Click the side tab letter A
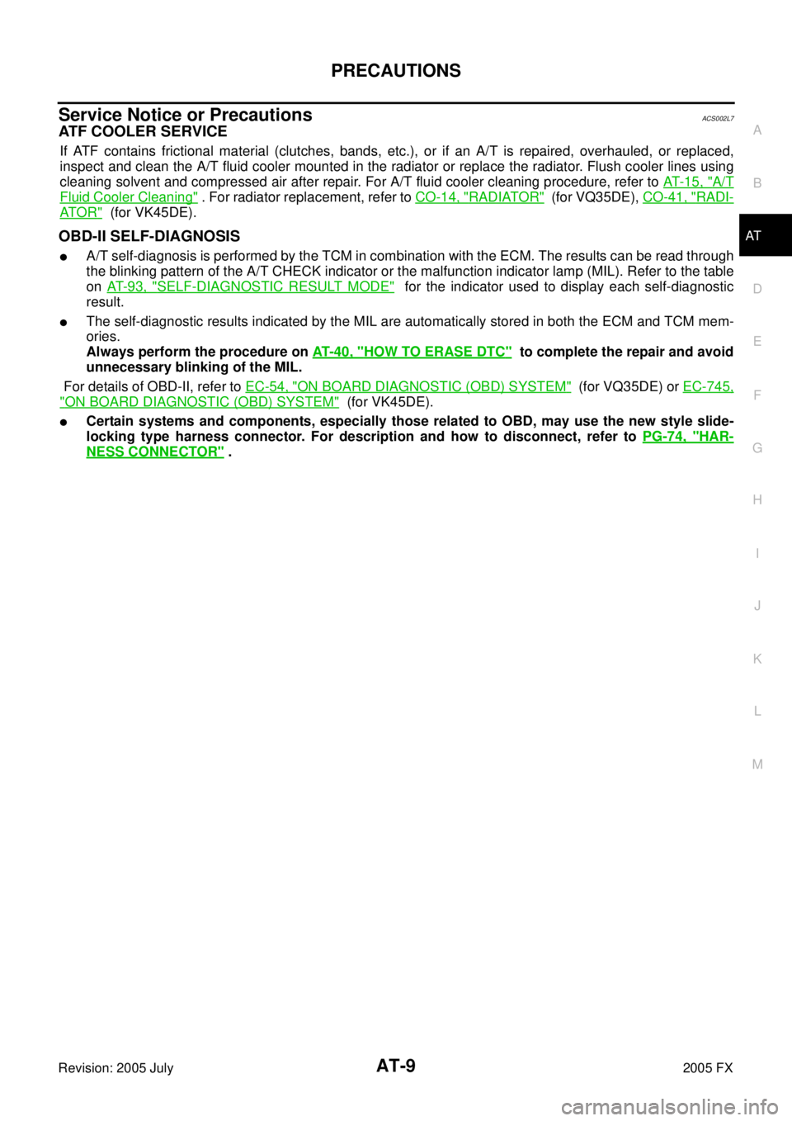click(x=757, y=130)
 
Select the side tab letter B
click(x=757, y=183)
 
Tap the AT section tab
click(x=753, y=236)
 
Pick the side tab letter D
click(x=757, y=289)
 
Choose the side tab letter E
click(x=757, y=342)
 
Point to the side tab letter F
click(x=757, y=395)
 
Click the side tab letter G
click(x=757, y=447)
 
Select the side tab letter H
click(x=757, y=500)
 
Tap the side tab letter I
click(x=757, y=553)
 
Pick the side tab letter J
click(x=757, y=606)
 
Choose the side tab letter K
click(x=757, y=659)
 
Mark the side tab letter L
click(x=757, y=712)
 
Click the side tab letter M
click(x=757, y=764)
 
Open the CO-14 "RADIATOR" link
click(x=479, y=197)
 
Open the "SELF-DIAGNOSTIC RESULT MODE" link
click(x=251, y=286)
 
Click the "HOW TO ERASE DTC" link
click(x=412, y=352)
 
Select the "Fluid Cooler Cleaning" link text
click(x=129, y=197)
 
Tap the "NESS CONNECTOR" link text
click(x=155, y=452)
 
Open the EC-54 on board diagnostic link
click(x=408, y=386)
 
